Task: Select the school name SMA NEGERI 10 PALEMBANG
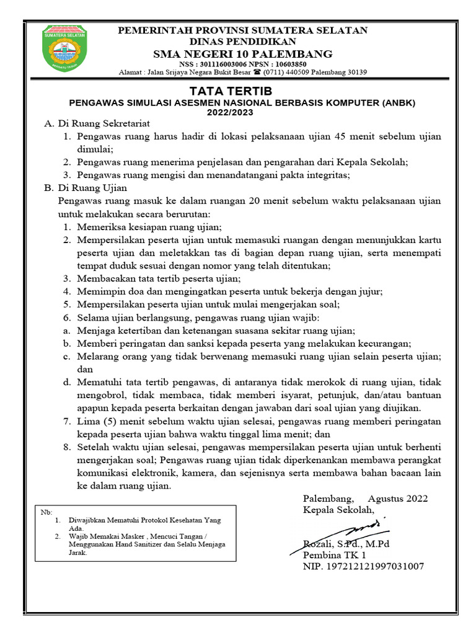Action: [x=243, y=53]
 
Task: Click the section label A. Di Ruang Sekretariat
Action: [x=97, y=124]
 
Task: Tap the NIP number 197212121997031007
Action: [x=363, y=567]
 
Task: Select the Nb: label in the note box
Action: [x=46, y=513]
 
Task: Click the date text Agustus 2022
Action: [x=397, y=499]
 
